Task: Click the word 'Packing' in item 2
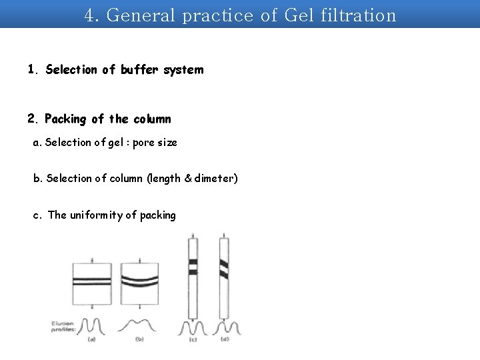point(65,119)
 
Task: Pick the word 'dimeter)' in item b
point(215,179)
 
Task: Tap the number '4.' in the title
point(92,15)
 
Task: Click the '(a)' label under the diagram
point(91,339)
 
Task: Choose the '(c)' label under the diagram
point(193,339)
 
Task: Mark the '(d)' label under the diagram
point(225,339)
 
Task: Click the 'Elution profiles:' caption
point(61,327)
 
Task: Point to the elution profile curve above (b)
point(138,325)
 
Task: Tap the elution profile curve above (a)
point(91,325)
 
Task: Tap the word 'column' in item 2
point(152,119)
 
